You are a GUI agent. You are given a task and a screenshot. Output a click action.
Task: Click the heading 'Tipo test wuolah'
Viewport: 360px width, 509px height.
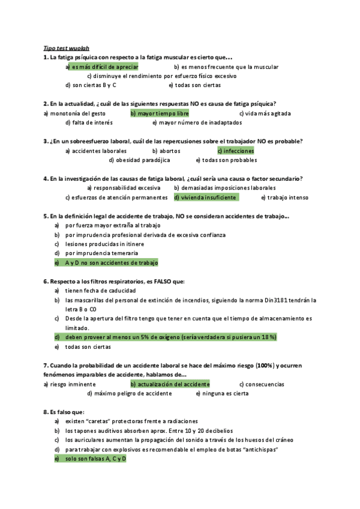(67, 48)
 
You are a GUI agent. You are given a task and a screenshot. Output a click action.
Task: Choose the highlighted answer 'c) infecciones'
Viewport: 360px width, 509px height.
(235, 151)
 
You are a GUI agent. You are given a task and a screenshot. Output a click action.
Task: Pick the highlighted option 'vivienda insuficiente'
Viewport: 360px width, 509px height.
(206, 197)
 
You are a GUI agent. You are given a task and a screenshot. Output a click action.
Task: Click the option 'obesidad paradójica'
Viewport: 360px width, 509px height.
(139, 160)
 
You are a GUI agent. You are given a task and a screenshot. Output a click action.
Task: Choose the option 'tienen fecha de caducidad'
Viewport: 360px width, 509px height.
(100, 291)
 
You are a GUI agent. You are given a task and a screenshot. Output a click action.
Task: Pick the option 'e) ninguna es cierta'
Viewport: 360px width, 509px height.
(222, 394)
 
